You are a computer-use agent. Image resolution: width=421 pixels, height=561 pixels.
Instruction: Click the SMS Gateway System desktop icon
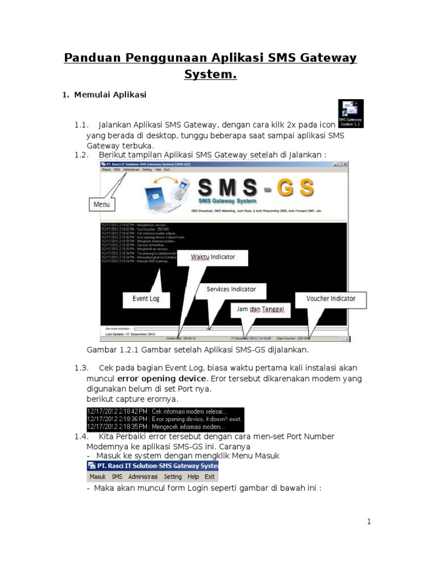tap(350, 113)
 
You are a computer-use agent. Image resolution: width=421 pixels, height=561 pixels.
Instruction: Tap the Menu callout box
tap(101, 204)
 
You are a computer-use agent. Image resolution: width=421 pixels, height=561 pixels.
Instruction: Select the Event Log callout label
tap(146, 299)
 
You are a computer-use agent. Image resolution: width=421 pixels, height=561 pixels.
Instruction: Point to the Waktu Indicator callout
tap(213, 256)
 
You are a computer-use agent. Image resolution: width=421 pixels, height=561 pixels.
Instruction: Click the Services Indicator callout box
tap(231, 289)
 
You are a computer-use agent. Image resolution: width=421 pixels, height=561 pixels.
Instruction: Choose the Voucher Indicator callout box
tap(331, 299)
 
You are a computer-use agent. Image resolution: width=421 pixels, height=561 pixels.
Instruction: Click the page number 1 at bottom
tap(369, 522)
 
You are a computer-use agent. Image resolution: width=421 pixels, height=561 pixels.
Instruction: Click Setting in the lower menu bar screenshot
tap(172, 477)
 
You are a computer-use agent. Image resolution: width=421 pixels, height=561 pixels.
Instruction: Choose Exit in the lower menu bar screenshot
tap(209, 477)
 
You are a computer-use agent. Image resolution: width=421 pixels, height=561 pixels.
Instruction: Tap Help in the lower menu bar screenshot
tap(193, 477)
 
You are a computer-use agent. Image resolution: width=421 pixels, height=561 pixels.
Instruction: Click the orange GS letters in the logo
tap(295, 188)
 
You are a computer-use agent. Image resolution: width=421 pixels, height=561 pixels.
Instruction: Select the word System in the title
tap(210, 75)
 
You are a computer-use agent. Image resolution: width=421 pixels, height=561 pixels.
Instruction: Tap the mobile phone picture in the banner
tap(182, 189)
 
